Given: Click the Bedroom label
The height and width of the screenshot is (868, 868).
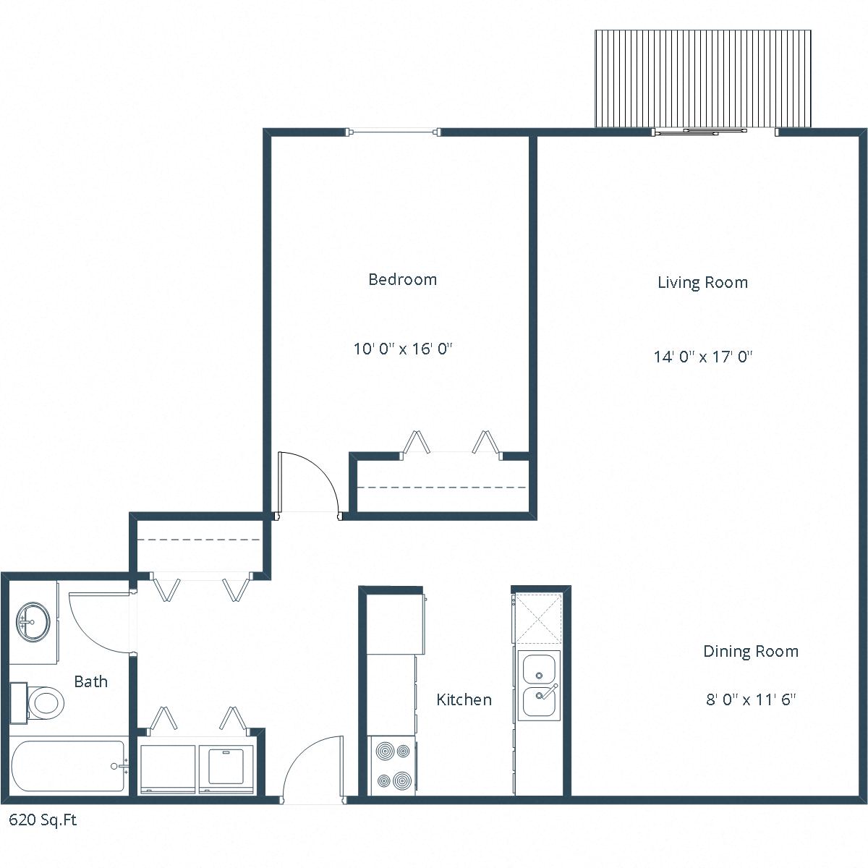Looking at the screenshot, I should [x=402, y=279].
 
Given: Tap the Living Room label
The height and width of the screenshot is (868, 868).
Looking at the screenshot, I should [x=702, y=282].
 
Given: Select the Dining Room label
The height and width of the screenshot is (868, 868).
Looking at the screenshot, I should [x=751, y=651].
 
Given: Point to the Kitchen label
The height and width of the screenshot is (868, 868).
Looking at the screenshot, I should [x=464, y=699].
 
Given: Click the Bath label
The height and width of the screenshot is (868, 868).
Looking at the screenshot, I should [x=91, y=681].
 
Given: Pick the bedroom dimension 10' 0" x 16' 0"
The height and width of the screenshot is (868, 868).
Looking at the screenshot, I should [x=402, y=349].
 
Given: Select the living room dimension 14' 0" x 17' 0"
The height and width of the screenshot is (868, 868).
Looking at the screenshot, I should [x=703, y=357].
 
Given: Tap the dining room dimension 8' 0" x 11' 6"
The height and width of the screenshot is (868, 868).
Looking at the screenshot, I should [x=751, y=699].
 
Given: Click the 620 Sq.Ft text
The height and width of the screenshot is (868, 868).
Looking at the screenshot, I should [x=43, y=820].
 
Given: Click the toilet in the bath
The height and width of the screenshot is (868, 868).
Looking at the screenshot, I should [x=42, y=702].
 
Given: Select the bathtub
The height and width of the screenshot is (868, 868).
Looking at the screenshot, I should [x=68, y=766].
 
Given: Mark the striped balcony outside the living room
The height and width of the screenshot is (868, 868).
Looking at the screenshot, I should [x=702, y=78].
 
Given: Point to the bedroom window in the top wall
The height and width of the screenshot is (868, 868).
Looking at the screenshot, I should [x=394, y=132].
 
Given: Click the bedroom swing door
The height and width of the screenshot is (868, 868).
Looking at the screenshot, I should [x=307, y=483].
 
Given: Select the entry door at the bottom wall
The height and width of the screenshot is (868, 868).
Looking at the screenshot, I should [x=313, y=770].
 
